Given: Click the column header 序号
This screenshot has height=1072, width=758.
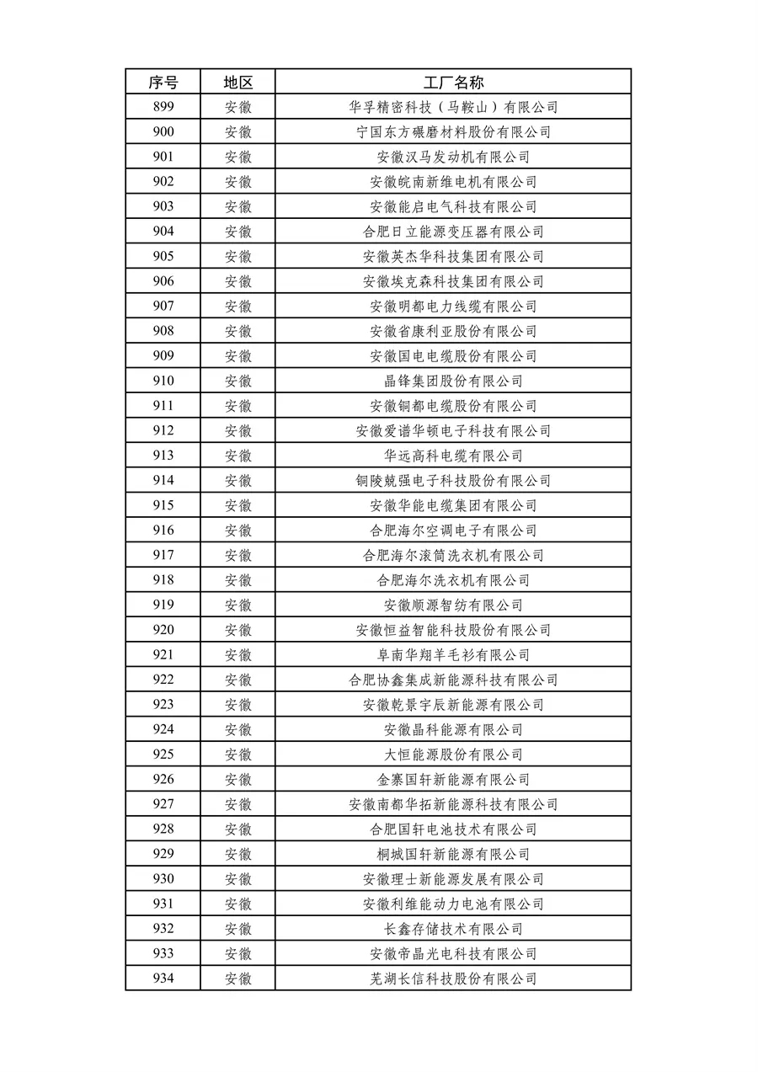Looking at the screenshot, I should tap(163, 83).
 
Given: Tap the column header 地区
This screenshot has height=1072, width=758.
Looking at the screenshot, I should tap(238, 83).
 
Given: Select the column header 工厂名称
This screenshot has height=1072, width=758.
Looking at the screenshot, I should tap(453, 83).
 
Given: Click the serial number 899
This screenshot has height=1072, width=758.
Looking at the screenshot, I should tap(163, 107).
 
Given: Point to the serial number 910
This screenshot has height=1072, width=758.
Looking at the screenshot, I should tap(163, 381).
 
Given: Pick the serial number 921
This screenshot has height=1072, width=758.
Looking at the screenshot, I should tap(163, 654).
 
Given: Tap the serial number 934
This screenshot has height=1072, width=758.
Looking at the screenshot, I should tap(163, 979).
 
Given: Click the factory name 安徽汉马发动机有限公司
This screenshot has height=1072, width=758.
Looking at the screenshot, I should tap(453, 157).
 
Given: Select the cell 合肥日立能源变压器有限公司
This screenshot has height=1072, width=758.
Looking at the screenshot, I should tap(453, 232).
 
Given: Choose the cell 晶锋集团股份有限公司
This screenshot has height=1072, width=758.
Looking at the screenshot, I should tap(453, 381).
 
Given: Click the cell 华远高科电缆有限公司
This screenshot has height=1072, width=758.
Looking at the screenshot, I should tap(453, 456).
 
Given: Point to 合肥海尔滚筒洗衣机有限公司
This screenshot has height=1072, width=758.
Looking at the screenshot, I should tap(453, 555).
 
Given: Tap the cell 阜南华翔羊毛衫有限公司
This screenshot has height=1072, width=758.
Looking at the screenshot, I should tap(453, 654).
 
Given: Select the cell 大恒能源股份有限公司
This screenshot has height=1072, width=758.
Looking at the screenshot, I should tap(453, 755).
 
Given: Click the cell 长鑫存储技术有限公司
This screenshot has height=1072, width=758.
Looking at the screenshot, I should tap(453, 929).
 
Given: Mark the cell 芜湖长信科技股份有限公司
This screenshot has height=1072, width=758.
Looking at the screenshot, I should tap(453, 979).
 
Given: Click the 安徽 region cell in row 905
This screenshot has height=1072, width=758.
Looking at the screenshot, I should tap(238, 256).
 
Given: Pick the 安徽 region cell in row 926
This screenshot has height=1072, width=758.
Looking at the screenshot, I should tap(238, 779).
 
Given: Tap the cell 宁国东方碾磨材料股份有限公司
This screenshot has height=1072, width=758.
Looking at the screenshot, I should tap(453, 132).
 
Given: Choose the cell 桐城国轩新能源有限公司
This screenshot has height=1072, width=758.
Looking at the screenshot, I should tap(453, 854).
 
